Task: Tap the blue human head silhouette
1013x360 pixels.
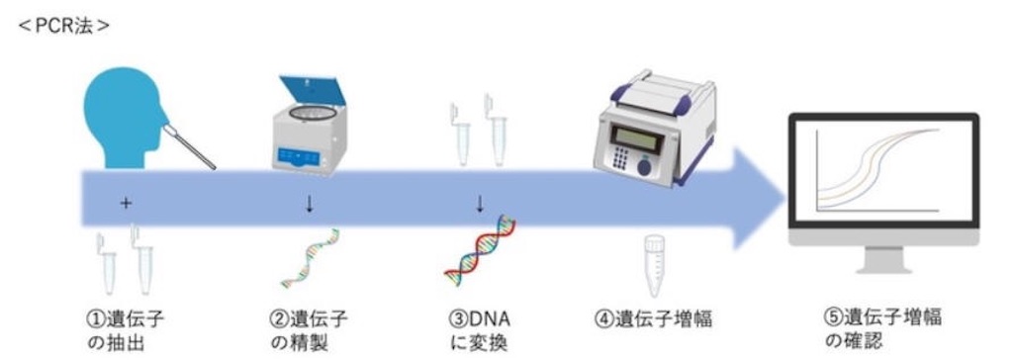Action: point(122,118)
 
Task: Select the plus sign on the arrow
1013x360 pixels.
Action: point(126,204)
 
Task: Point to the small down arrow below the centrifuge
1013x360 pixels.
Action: point(310,205)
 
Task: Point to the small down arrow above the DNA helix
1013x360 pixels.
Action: point(480,205)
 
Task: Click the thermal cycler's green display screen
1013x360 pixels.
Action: point(638,139)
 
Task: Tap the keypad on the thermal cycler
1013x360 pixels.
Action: point(621,158)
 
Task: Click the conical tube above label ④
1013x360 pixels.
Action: point(655,265)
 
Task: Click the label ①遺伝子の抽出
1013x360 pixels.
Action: point(126,329)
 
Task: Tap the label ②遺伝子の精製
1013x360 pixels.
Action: point(308,329)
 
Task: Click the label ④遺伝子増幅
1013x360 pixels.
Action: point(653,319)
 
